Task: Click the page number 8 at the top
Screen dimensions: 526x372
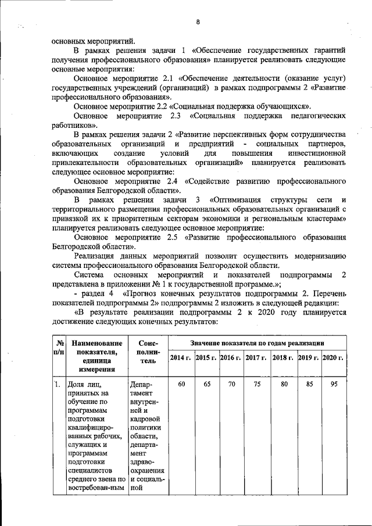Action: coord(197,22)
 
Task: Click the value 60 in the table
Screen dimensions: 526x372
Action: coord(181,385)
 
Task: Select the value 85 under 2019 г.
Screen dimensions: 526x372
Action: coord(308,385)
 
